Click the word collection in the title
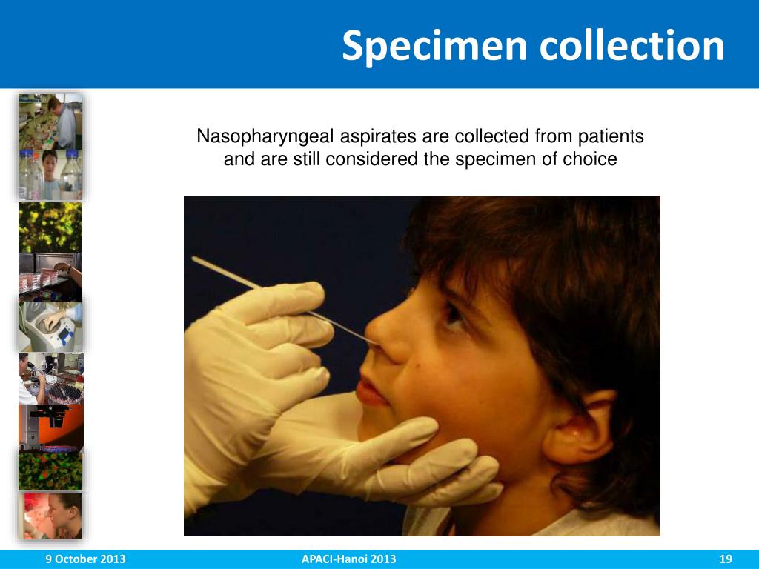tap(632, 46)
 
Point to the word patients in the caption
tap(611, 137)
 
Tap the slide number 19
tap(726, 559)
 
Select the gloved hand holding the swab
tap(259, 348)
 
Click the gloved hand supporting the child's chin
tap(415, 467)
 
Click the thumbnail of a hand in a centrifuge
tap(50, 327)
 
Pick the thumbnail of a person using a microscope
tap(50, 379)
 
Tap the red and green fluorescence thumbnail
tap(50, 471)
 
